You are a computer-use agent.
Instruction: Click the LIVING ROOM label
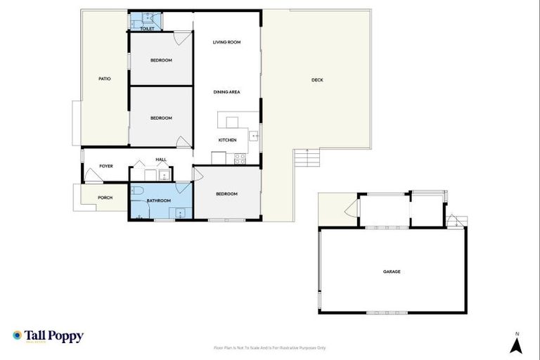tap(227, 42)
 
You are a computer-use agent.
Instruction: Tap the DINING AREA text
tap(227, 92)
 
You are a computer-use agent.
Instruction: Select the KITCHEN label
tap(227, 141)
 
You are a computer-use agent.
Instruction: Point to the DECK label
tap(317, 80)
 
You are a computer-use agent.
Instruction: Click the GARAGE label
tap(392, 271)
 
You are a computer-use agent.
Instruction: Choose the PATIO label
tap(104, 79)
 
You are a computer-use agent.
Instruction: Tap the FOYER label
tap(106, 166)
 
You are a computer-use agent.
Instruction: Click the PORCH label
tap(105, 198)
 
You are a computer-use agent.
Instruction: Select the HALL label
tap(161, 160)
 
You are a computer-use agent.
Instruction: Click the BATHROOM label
tap(158, 201)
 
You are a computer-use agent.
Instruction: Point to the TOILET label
tap(147, 29)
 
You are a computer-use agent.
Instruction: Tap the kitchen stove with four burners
tap(240, 157)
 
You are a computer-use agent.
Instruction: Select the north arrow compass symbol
tap(516, 344)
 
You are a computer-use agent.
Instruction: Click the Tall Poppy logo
tap(48, 336)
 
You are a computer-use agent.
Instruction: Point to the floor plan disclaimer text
tap(269, 348)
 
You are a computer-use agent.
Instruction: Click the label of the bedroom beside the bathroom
tap(226, 194)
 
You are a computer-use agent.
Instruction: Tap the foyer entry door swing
tap(93, 176)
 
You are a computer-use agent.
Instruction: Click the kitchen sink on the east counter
tap(255, 136)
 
